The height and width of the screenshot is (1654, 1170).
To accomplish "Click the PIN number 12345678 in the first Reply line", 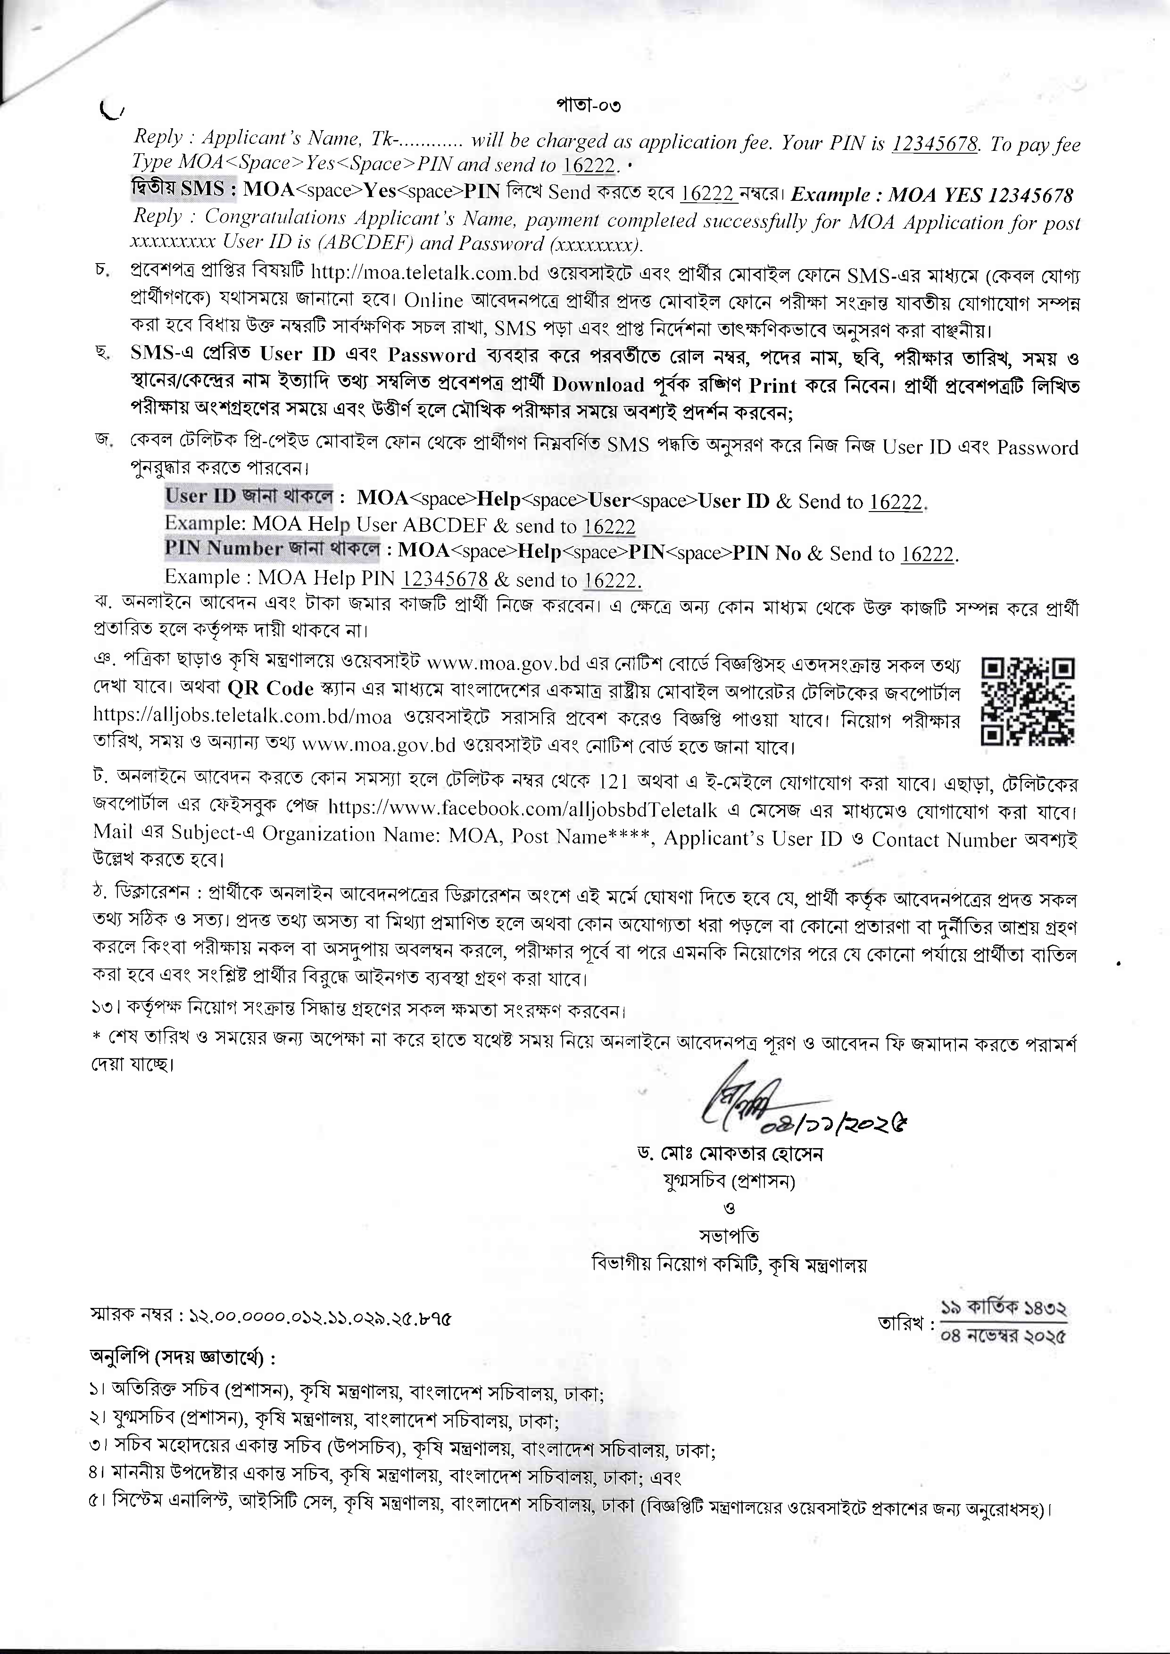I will click(x=934, y=144).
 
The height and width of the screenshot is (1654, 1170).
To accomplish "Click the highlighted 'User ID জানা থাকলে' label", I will click(x=248, y=496).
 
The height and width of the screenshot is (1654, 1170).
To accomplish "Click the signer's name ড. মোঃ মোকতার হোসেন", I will click(x=729, y=1153).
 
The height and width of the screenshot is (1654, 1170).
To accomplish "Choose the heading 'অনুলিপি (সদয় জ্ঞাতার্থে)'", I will click(x=183, y=1357).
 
